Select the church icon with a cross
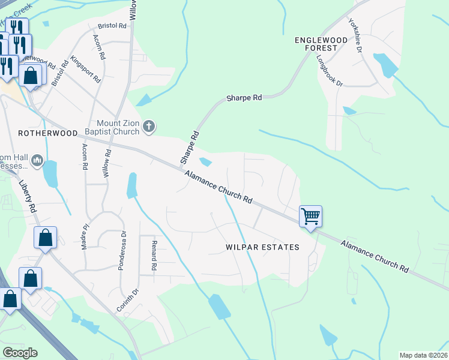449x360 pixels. tap(149, 127)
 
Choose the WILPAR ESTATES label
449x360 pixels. tap(262, 247)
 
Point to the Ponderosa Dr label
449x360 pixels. tap(121, 250)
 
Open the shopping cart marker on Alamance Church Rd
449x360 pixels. tap(310, 216)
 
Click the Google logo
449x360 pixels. tap(19, 353)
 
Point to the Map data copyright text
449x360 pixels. tap(424, 355)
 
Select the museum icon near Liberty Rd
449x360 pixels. tap(37, 160)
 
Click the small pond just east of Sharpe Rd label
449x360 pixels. tap(205, 162)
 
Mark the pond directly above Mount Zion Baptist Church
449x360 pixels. tap(144, 100)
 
